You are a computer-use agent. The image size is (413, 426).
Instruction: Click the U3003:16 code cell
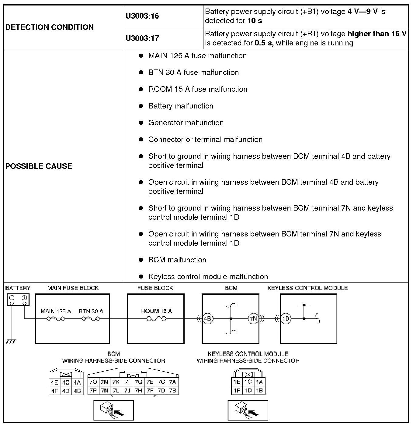[142, 16]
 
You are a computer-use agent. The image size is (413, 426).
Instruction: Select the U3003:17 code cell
[142, 38]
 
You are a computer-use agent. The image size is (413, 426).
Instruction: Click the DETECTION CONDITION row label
[50, 27]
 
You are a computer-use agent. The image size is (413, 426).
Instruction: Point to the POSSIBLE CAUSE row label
[39, 166]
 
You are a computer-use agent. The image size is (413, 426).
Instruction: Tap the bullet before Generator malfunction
[141, 123]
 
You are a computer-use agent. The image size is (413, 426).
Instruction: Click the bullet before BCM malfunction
[141, 260]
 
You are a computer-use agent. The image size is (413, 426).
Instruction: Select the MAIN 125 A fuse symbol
[56, 319]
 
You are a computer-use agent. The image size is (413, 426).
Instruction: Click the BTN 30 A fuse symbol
[91, 319]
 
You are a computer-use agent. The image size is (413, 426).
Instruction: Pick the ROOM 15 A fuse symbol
[156, 319]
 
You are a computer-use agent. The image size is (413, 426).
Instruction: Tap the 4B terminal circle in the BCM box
[208, 319]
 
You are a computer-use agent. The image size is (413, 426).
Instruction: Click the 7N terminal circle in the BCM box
[253, 319]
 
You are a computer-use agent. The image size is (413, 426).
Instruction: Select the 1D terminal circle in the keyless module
[286, 319]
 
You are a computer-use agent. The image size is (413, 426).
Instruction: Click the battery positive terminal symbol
[24, 298]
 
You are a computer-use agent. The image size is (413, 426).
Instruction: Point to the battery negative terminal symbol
[12, 298]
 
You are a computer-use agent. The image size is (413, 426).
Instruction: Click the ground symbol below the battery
[11, 341]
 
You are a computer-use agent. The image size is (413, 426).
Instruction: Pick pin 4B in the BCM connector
[77, 391]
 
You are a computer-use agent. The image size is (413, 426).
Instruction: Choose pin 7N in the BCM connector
[104, 391]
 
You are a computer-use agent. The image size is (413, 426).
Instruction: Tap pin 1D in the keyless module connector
[248, 390]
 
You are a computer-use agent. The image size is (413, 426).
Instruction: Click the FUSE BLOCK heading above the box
[155, 288]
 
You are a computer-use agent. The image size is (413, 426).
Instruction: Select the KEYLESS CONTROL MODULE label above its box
[307, 288]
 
